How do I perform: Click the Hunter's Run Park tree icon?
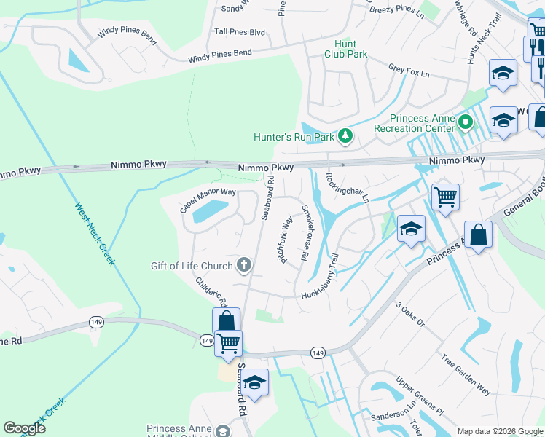point(345,136)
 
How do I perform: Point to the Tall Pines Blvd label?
point(239,33)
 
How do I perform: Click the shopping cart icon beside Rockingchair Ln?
point(445,196)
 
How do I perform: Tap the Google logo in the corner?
point(25,428)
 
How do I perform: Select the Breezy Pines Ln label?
point(396,9)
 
